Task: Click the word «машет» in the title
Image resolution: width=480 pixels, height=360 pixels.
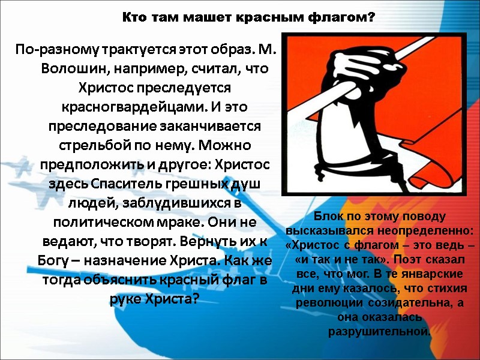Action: [199, 18]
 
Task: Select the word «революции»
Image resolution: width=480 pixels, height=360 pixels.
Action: [326, 303]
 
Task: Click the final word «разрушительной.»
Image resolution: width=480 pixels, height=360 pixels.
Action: [379, 332]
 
